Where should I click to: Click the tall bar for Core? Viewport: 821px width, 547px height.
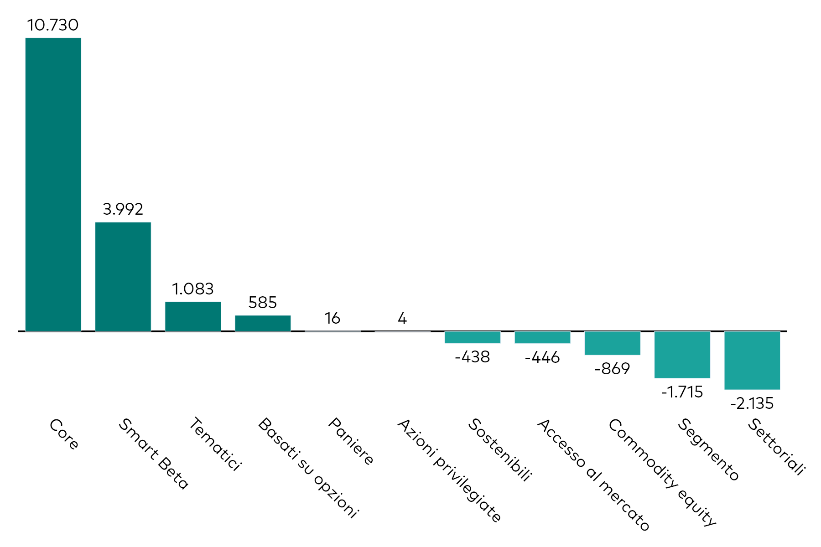tap(53, 184)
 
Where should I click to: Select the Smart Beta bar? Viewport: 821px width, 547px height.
tap(123, 277)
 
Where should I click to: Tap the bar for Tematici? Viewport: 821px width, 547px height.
tap(193, 316)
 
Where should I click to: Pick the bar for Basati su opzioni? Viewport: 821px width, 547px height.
tap(263, 323)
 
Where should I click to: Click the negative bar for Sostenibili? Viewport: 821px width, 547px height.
tap(473, 337)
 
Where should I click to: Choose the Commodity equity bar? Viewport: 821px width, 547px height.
tap(612, 343)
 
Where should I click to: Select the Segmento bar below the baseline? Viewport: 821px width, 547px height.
tap(682, 355)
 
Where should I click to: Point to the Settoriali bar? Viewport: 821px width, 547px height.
tap(752, 361)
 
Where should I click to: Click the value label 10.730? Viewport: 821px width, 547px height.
tap(53, 25)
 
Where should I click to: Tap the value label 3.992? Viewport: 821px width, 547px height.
tap(123, 209)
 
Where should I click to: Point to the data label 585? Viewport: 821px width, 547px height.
tap(263, 303)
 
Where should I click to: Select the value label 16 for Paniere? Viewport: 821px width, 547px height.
tap(333, 318)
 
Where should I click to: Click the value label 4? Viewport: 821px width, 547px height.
tap(402, 318)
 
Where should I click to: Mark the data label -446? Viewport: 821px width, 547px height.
tap(542, 357)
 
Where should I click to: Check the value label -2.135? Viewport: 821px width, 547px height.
tap(752, 403)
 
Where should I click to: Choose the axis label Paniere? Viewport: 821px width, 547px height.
tap(351, 441)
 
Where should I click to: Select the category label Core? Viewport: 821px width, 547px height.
tap(64, 434)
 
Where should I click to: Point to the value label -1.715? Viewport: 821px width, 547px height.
tap(682, 392)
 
